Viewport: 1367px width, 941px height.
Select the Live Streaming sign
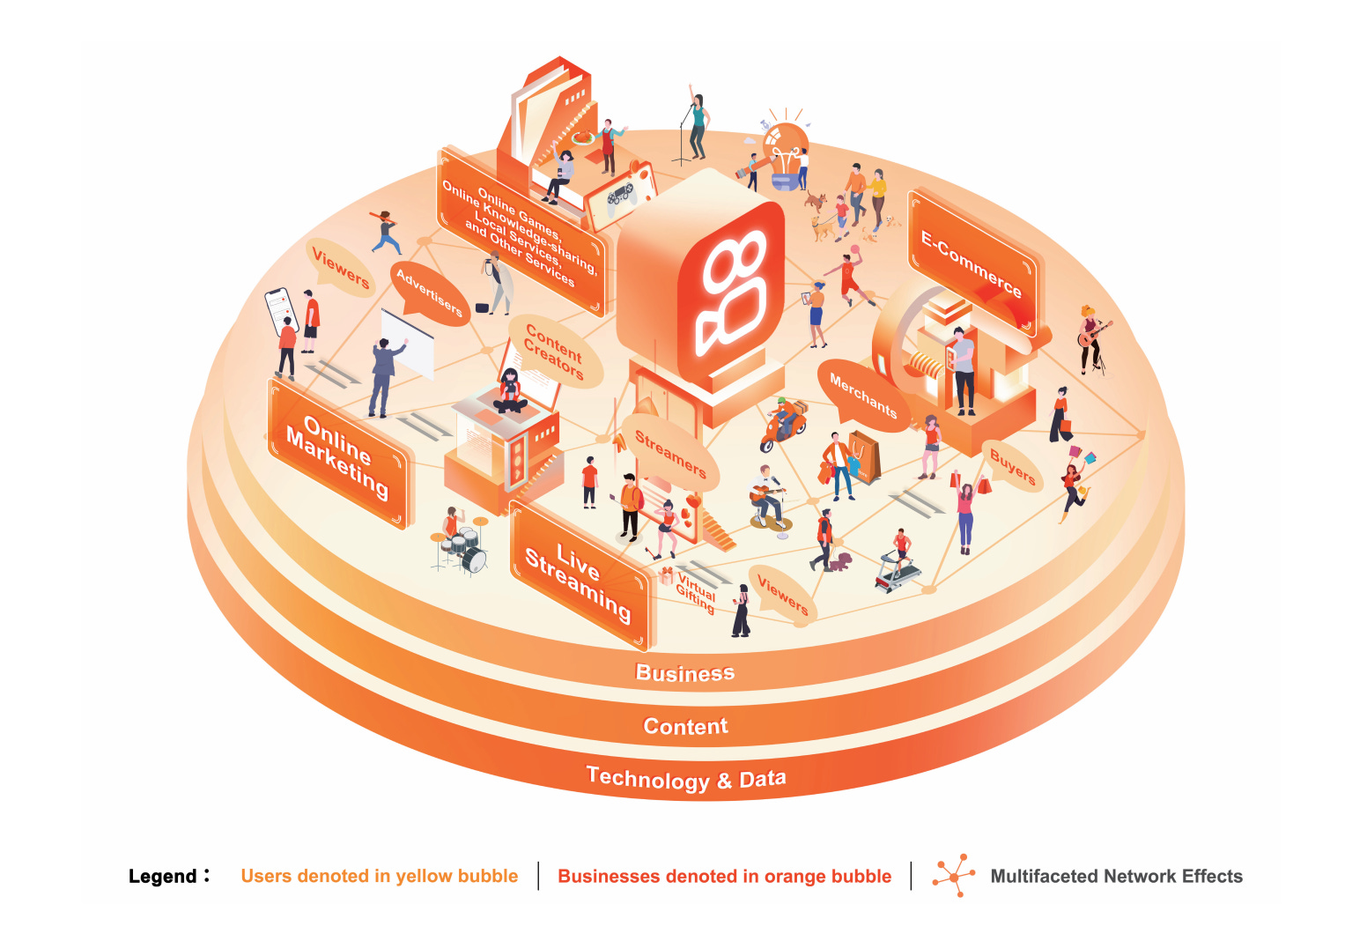tap(579, 574)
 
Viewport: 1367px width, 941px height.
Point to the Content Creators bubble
tap(555, 352)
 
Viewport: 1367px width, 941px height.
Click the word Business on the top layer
tap(684, 673)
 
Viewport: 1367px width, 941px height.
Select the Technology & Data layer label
tap(685, 779)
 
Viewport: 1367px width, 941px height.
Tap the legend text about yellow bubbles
tap(380, 876)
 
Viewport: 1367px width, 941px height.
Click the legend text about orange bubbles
tap(724, 876)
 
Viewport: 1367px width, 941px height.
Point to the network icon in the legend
tap(954, 875)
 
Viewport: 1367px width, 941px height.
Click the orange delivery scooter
tap(782, 426)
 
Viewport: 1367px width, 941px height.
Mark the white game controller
tap(622, 193)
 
